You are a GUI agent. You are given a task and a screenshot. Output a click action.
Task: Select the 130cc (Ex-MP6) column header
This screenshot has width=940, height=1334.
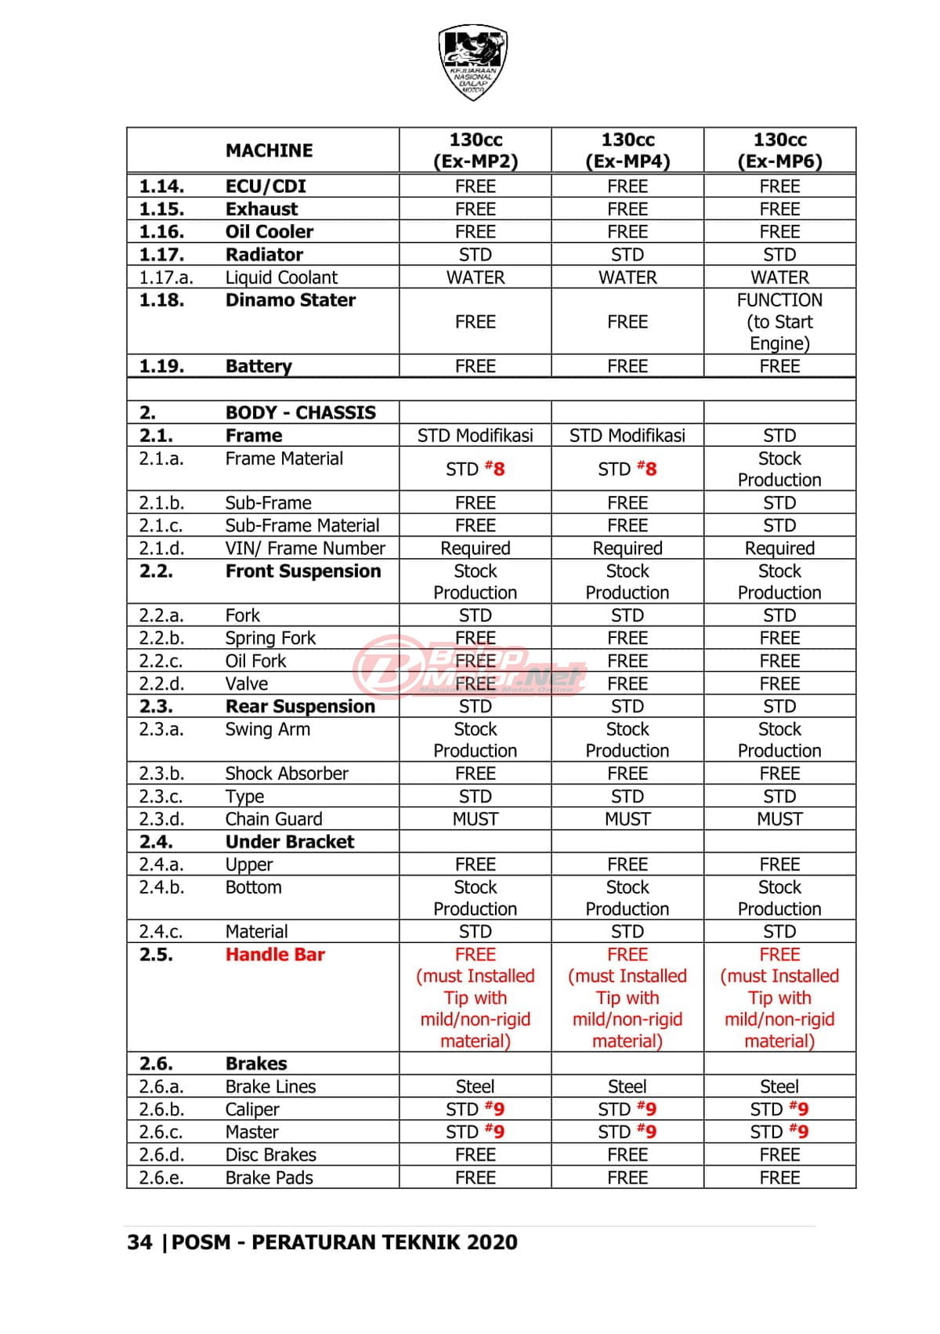[x=779, y=150]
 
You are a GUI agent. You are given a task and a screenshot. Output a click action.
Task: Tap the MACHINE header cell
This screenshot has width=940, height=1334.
[x=269, y=150]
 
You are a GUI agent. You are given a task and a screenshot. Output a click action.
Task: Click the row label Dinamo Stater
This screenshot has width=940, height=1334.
[x=290, y=300]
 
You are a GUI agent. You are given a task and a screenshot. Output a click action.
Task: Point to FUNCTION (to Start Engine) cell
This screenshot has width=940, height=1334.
[x=779, y=321]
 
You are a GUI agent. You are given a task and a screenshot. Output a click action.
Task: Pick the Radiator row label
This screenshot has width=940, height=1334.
[x=264, y=255]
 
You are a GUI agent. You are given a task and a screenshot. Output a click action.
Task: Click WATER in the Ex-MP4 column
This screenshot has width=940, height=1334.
[x=627, y=277]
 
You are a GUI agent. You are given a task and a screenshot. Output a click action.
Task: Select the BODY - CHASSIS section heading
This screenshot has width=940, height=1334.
[x=300, y=413]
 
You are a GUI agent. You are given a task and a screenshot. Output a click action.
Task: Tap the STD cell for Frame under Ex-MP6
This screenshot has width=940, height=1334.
[x=779, y=436]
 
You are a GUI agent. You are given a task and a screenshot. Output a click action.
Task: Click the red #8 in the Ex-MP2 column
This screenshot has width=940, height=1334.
[x=495, y=469]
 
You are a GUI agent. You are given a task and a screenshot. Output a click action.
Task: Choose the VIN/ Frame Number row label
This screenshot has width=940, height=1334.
[x=305, y=549]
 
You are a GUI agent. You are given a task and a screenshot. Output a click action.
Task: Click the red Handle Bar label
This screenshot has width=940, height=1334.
[x=275, y=955]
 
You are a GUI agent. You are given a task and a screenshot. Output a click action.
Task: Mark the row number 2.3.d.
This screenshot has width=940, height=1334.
[x=161, y=819]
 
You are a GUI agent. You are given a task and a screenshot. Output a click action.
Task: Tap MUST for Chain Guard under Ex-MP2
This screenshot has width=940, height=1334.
[x=475, y=819]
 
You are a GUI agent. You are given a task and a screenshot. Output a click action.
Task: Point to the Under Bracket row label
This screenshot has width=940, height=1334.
[x=290, y=842]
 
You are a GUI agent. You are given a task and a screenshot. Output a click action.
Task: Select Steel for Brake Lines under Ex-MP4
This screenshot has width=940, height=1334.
[x=627, y=1086]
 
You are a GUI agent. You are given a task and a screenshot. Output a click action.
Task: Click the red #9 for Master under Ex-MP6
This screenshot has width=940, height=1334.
[x=800, y=1131]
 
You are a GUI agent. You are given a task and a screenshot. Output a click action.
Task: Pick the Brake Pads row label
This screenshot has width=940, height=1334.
[x=269, y=1177]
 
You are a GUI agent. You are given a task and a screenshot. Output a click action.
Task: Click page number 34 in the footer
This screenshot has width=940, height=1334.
[x=139, y=1242]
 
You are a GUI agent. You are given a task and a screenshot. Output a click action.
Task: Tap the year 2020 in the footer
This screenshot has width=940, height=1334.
[x=492, y=1242]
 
